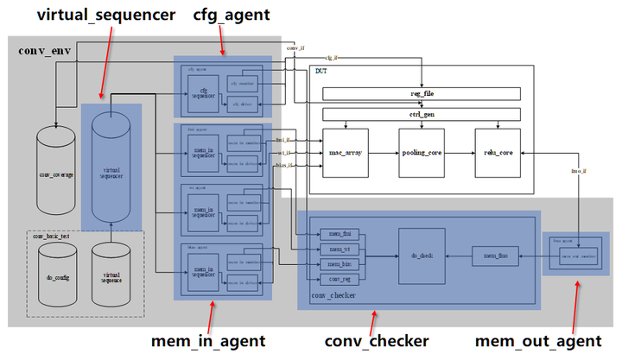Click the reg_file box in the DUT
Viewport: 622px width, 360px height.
coord(422,93)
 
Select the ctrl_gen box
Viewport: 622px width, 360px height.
coord(422,114)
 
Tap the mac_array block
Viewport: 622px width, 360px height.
coord(346,151)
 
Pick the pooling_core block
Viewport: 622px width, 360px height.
coord(422,151)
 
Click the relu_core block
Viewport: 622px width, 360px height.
coord(498,151)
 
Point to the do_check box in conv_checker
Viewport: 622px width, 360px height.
coord(422,256)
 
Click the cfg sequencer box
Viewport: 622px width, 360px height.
coord(204,92)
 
